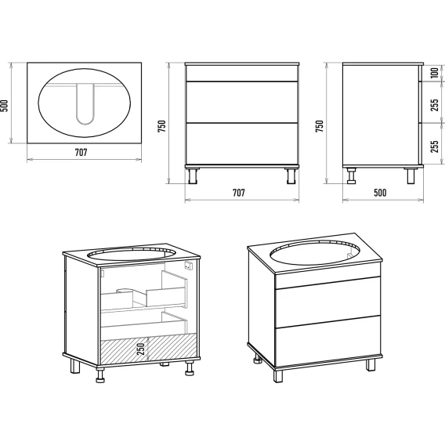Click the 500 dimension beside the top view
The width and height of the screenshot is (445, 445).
(x=4, y=106)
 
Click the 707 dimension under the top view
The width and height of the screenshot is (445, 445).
(x=81, y=153)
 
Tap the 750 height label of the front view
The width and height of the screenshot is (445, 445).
(x=161, y=126)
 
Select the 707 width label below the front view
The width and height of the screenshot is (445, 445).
(x=239, y=193)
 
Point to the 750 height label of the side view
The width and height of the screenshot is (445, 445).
(x=320, y=126)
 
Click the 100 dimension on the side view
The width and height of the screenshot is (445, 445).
(x=435, y=73)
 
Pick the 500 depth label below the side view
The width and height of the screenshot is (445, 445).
(x=380, y=193)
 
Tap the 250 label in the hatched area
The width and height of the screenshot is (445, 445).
(x=141, y=349)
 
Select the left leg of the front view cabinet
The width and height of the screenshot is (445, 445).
(x=193, y=175)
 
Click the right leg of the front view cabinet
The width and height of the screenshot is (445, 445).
(x=291, y=175)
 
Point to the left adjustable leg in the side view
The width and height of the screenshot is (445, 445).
(x=352, y=175)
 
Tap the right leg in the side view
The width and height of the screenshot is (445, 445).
(x=411, y=175)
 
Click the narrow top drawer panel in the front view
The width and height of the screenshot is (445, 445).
(x=242, y=74)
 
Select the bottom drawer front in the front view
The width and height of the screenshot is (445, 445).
(x=242, y=143)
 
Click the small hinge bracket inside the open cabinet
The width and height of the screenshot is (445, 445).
(x=188, y=266)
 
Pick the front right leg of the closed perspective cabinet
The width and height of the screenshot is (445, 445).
(x=370, y=364)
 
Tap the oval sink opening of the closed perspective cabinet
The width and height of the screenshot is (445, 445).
(x=314, y=253)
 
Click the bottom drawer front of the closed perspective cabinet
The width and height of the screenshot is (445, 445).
(x=327, y=341)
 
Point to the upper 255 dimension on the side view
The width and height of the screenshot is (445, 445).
(x=435, y=105)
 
